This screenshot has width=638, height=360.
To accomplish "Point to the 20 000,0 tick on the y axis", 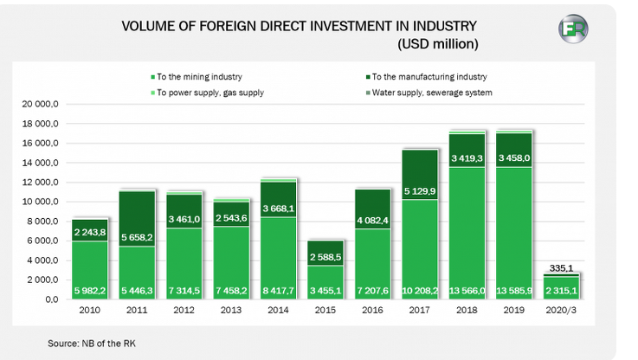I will (40, 104).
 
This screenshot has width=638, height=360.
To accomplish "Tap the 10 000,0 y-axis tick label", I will (40, 202).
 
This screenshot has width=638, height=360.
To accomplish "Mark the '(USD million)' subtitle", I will (438, 42).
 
